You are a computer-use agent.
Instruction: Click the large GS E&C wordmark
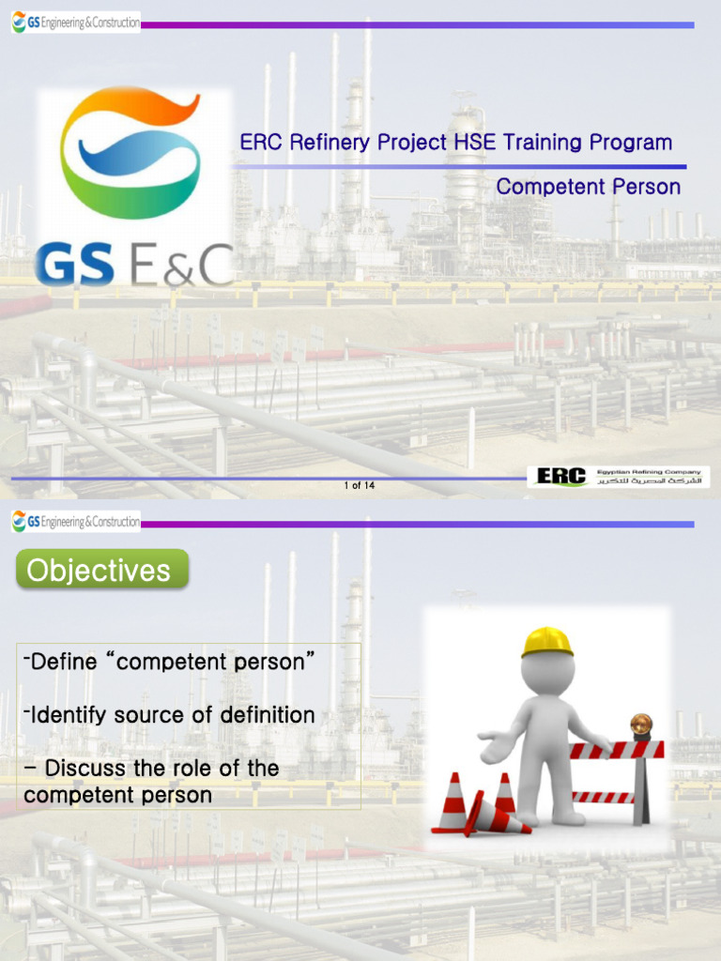point(132,266)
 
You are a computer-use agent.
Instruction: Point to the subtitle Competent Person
point(588,187)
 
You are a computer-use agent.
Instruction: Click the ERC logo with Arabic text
point(618,477)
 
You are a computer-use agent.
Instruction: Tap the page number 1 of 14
point(360,485)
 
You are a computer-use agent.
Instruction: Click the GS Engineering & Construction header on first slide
point(76,23)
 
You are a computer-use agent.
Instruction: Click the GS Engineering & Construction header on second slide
point(76,522)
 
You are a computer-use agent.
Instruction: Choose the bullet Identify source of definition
point(169,715)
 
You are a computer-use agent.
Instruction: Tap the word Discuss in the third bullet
point(82,769)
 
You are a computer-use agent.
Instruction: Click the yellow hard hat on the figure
point(547,642)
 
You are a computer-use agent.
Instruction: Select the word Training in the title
point(543,143)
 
